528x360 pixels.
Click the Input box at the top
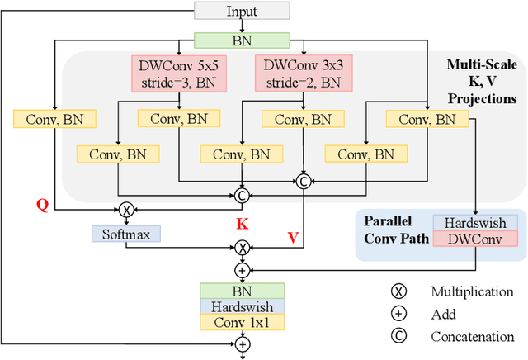click(242, 11)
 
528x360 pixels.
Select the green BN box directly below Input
click(242, 40)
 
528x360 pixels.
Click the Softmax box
click(126, 234)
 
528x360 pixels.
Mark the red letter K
click(242, 224)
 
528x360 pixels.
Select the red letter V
click(292, 238)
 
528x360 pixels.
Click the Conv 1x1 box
click(242, 321)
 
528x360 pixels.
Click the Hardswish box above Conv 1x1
click(242, 306)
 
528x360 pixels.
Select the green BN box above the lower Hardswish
click(242, 290)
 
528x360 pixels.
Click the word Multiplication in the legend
click(472, 291)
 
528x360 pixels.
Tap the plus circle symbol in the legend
click(398, 314)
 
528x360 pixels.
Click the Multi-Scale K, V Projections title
click(481, 81)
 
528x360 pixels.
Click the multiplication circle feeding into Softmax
click(126, 210)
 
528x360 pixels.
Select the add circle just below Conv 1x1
click(242, 343)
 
